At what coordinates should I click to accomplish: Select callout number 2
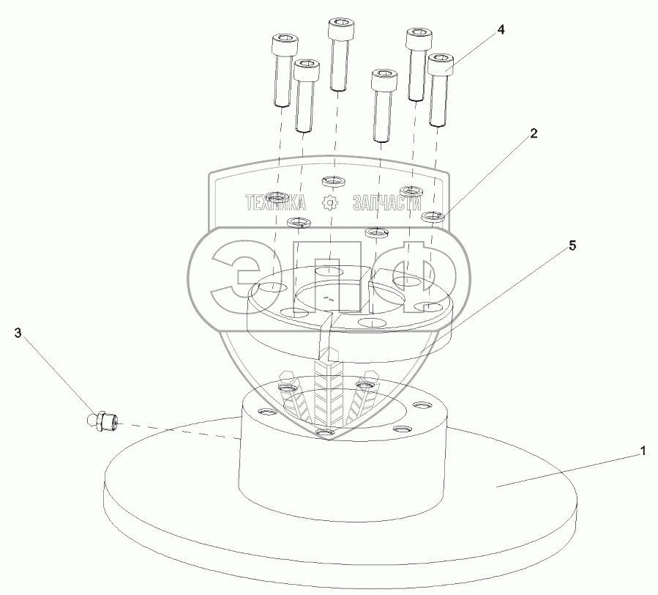tap(534, 133)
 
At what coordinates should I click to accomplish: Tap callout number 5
tap(572, 246)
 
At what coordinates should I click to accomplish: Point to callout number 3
tap(17, 333)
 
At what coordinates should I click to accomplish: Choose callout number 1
tap(643, 451)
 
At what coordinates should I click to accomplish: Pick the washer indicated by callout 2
tap(435, 216)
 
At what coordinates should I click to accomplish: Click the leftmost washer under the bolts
tap(277, 197)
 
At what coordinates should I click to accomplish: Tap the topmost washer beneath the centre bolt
tap(333, 180)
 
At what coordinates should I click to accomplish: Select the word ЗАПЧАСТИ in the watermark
tap(388, 202)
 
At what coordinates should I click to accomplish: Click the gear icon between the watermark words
tap(332, 202)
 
